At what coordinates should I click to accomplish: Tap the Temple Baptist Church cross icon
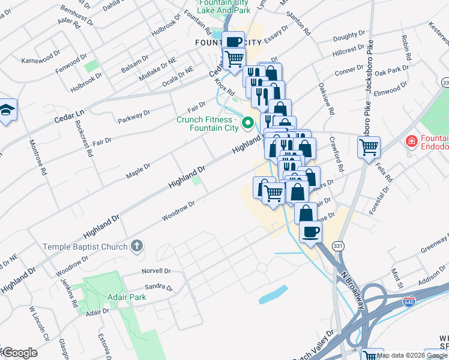coord(137,245)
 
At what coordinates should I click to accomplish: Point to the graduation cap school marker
coord(7,110)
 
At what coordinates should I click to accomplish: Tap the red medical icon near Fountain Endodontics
coord(411,142)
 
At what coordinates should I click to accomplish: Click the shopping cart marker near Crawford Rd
coord(369,145)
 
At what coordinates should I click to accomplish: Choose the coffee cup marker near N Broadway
coord(310,231)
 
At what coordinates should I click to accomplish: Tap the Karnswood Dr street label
coord(37,61)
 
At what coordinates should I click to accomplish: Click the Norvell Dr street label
coord(156,271)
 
